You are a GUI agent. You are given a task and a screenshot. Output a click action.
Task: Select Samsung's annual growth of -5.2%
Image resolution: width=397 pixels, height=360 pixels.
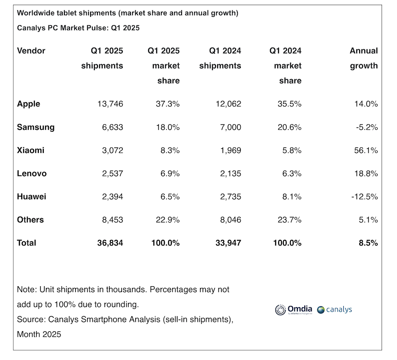[x=366, y=127]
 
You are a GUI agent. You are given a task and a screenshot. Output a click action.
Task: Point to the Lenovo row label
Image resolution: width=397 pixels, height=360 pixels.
[x=32, y=173]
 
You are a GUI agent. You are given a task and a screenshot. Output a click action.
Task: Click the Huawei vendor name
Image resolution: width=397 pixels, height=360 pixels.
[x=31, y=197]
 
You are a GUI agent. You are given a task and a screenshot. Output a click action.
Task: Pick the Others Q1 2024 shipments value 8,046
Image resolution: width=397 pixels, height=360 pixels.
[x=228, y=220]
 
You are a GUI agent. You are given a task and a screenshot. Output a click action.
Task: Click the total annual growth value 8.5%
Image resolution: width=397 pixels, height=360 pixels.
[x=368, y=243]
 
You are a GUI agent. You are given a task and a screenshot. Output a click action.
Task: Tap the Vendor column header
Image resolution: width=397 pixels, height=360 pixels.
[x=31, y=51]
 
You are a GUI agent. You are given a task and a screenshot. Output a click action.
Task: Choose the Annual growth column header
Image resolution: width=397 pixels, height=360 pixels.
[x=364, y=58]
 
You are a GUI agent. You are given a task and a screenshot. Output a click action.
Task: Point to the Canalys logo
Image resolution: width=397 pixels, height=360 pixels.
[x=334, y=309]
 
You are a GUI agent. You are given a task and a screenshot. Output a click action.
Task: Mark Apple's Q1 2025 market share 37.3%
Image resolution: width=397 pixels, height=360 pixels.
[x=167, y=104]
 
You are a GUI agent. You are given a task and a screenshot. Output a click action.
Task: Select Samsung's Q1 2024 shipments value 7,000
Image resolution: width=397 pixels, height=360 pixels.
[x=230, y=127]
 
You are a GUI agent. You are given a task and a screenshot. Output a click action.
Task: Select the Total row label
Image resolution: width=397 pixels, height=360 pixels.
[x=27, y=243]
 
